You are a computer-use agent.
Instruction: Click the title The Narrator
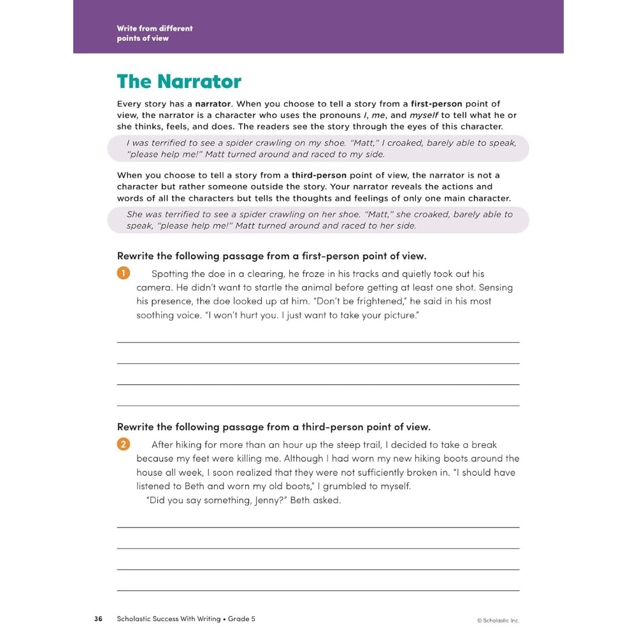[x=179, y=82]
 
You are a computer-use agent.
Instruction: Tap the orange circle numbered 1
[x=123, y=273]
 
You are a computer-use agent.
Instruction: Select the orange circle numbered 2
[x=123, y=444]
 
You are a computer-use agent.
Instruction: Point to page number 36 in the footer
[x=98, y=619]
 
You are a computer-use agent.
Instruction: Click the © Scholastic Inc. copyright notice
[x=498, y=620]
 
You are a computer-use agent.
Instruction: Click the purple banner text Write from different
[x=155, y=28]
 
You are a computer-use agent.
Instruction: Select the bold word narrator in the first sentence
[x=213, y=103]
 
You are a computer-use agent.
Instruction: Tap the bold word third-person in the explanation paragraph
[x=318, y=175]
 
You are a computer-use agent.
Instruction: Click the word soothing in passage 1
[x=154, y=315]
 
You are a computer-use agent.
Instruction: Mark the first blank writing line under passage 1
[x=318, y=342]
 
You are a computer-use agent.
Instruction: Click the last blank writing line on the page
[x=318, y=590]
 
